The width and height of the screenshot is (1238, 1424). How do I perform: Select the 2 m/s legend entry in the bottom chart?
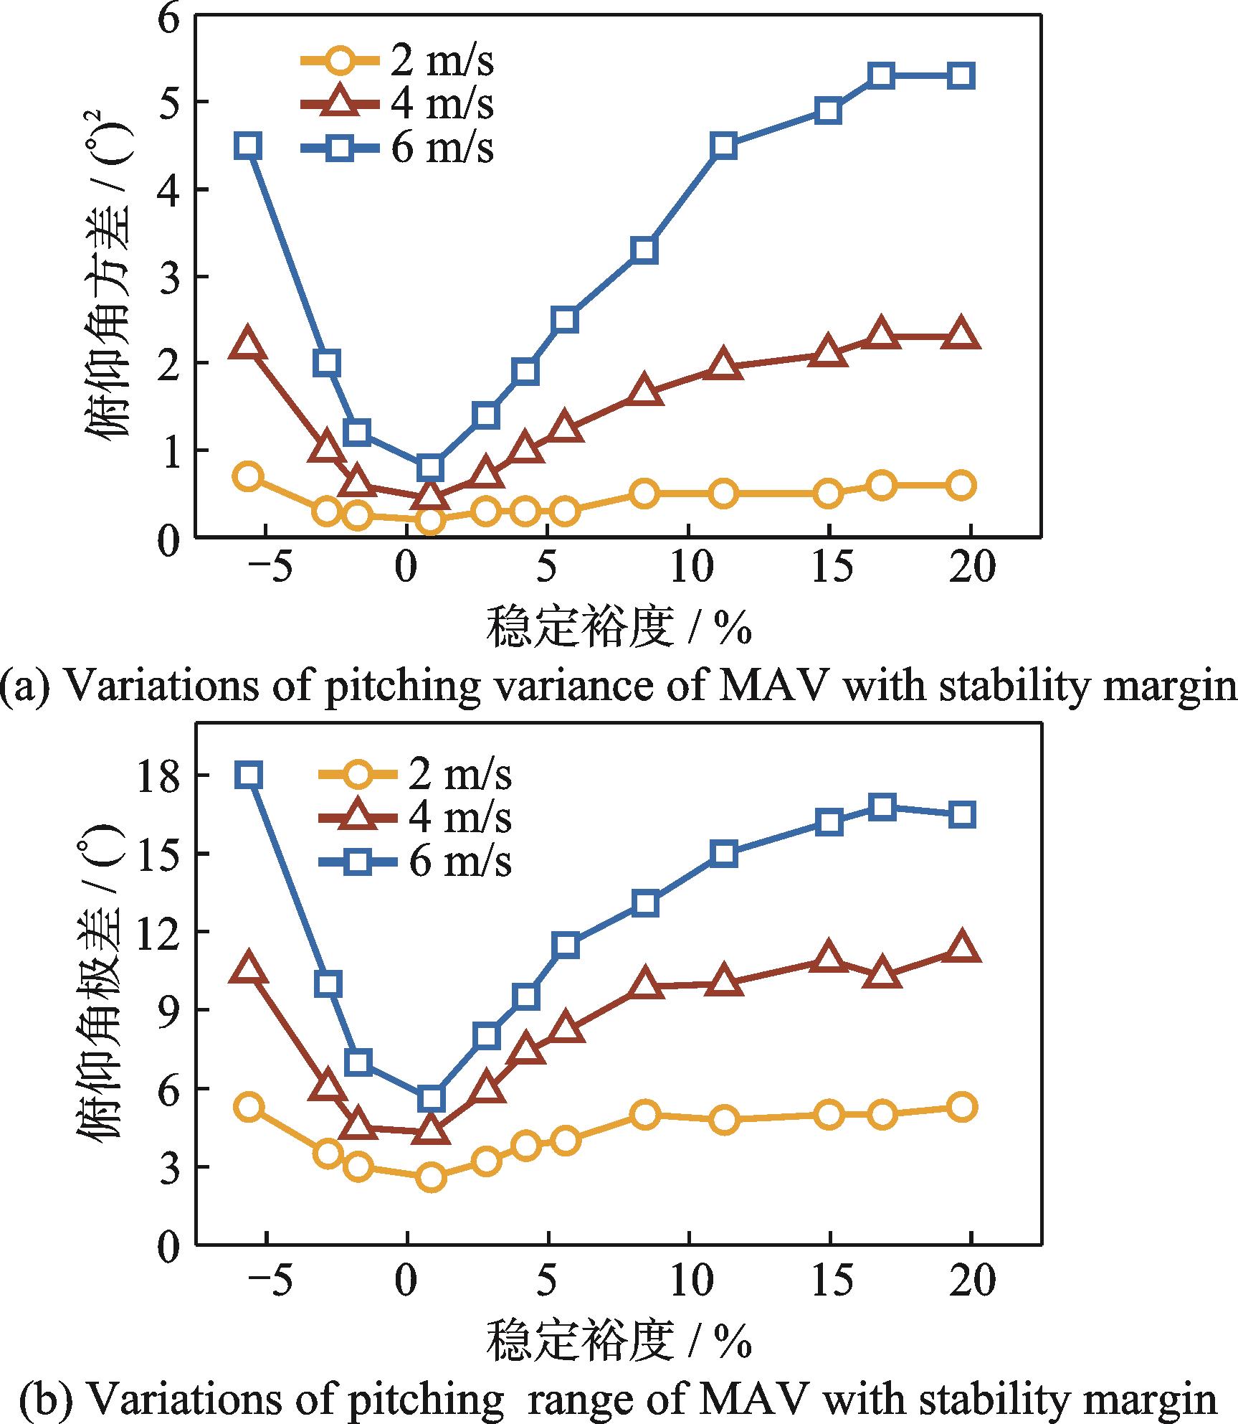[415, 774]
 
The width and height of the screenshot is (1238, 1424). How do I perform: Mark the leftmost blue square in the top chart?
[248, 146]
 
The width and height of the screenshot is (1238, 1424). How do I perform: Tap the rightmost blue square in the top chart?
[961, 75]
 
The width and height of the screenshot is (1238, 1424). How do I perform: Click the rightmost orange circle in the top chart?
[961, 485]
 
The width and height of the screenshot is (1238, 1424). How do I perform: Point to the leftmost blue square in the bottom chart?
[249, 775]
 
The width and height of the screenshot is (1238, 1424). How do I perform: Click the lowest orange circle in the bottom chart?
[431, 1177]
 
